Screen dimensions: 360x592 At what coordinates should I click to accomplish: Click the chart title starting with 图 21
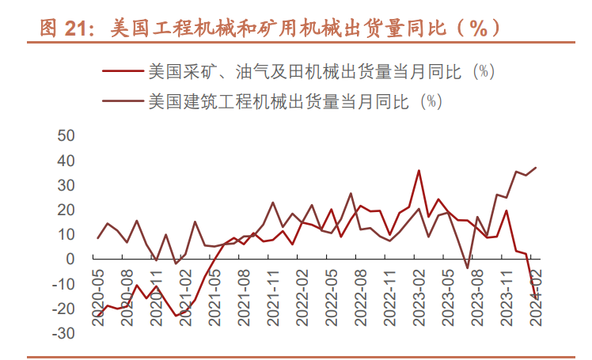point(269,28)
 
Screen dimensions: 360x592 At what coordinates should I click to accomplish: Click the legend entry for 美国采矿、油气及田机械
point(321,71)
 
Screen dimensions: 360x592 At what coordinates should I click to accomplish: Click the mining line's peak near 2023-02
point(419,170)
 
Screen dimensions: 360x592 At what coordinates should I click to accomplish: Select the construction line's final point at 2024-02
point(536,167)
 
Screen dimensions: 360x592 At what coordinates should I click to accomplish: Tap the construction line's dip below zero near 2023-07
point(467,268)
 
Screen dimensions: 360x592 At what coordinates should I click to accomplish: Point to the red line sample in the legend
point(123,71)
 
